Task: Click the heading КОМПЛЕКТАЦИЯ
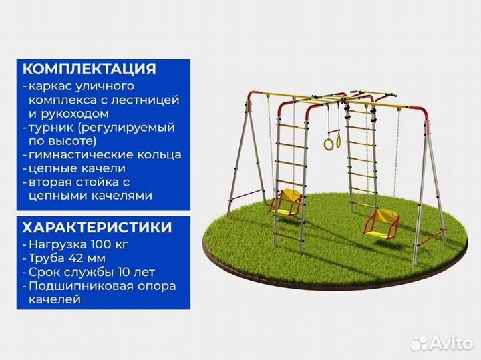[90, 69]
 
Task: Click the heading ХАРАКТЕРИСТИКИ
[97, 227]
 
